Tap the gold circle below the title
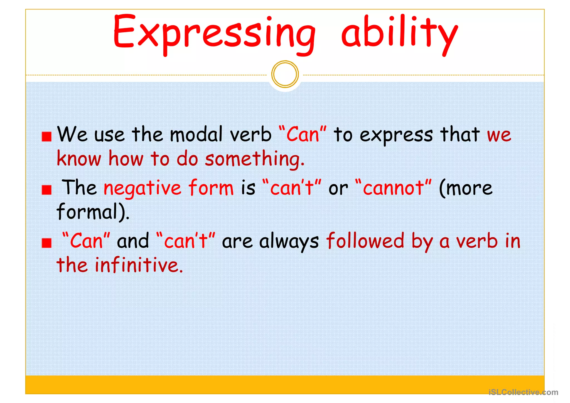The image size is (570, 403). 285,74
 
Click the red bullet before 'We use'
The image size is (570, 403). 46,137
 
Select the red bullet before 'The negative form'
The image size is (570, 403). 46,190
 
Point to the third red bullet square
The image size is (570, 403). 46,243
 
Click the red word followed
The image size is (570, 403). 365,241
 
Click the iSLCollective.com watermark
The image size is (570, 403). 523,392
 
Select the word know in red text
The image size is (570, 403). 79,159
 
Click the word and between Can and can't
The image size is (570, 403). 133,241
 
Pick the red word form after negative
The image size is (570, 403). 211,187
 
